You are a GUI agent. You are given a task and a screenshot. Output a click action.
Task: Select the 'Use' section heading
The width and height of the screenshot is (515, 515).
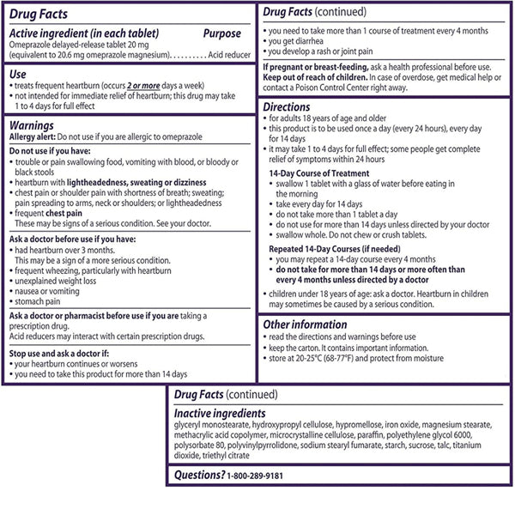click(19, 76)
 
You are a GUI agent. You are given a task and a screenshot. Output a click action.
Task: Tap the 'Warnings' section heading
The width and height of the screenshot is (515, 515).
click(33, 125)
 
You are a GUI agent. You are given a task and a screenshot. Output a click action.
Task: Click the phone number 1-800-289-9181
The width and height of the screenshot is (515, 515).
click(256, 475)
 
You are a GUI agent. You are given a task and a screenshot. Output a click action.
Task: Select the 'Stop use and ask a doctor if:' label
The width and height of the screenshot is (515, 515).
click(69, 353)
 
